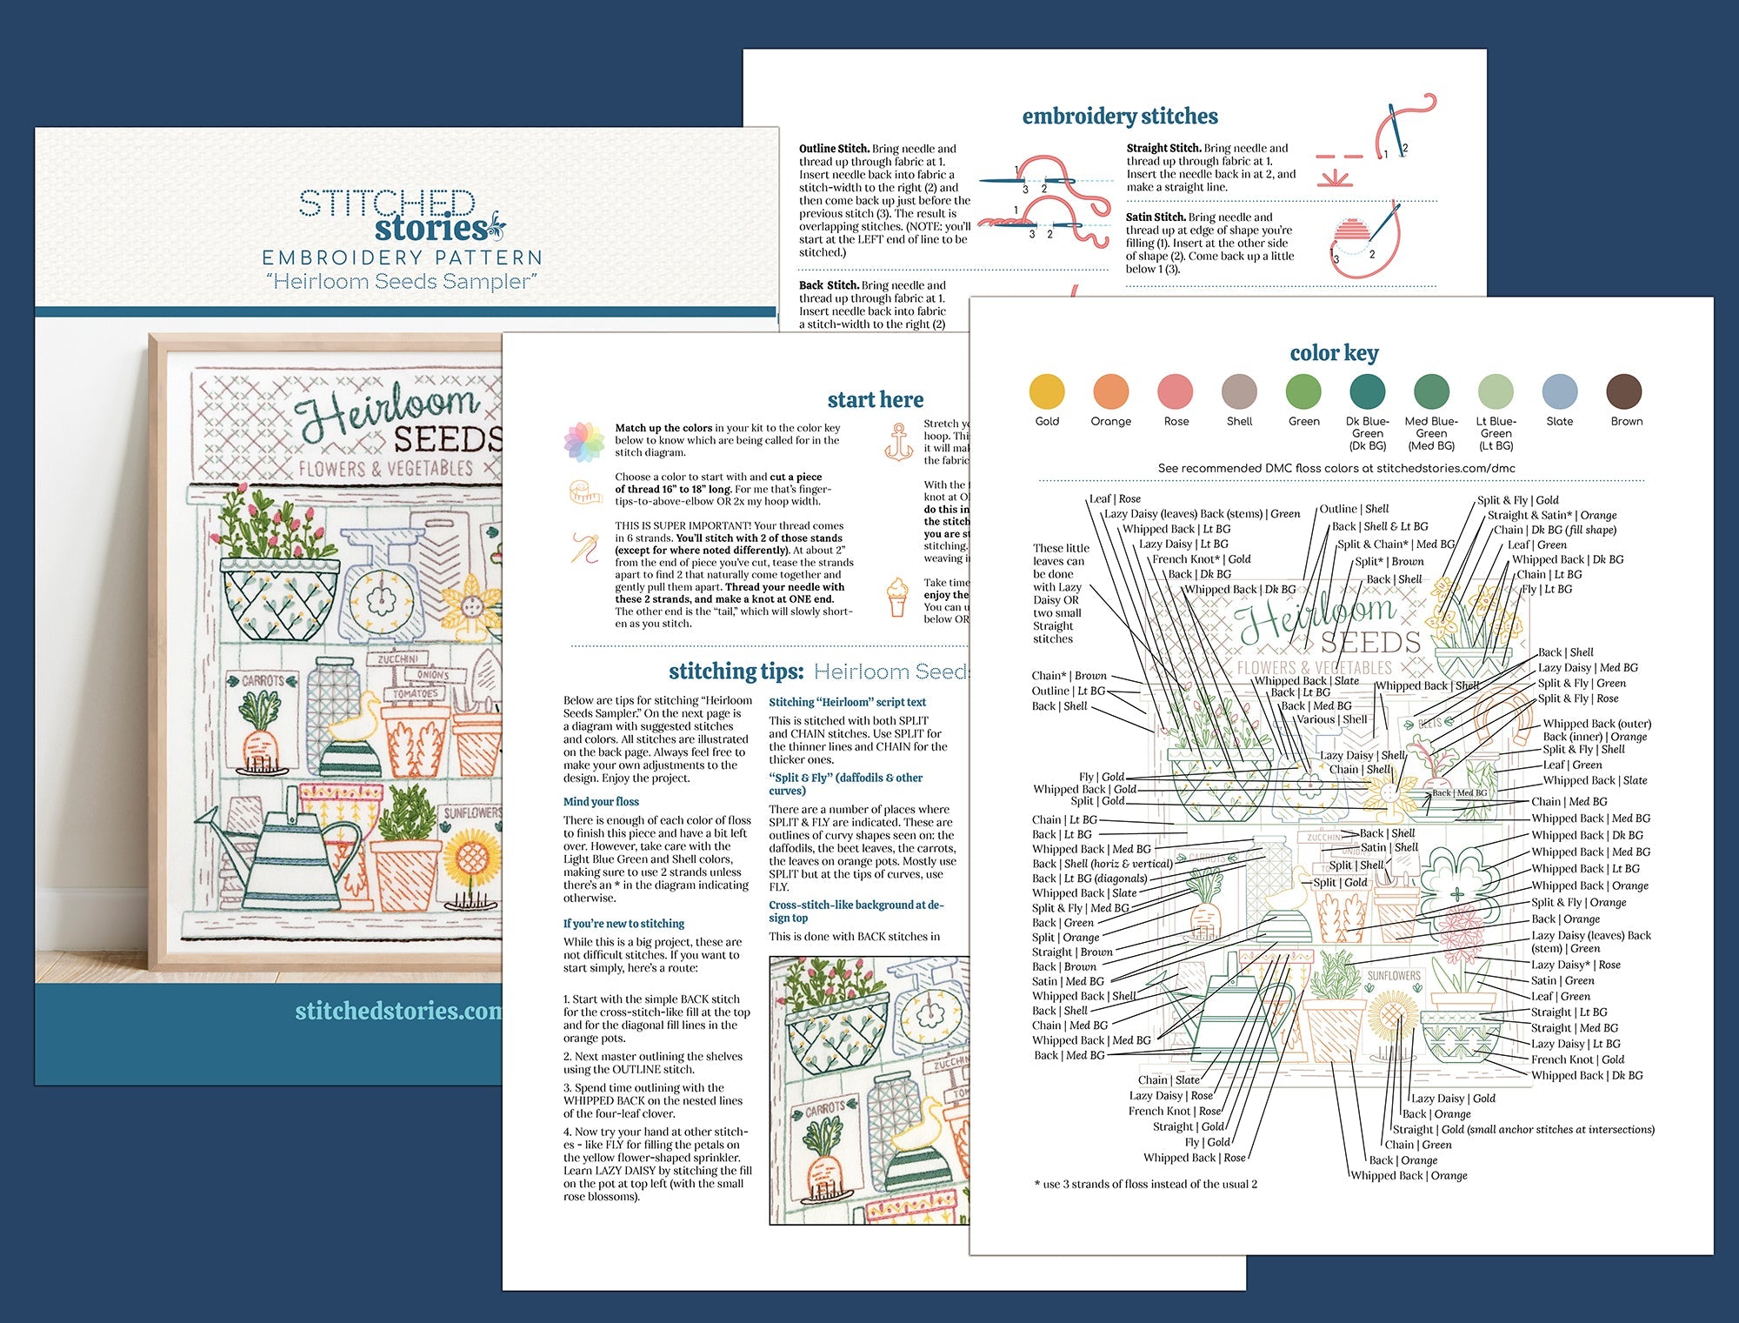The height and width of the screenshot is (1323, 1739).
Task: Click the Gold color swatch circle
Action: click(x=1047, y=391)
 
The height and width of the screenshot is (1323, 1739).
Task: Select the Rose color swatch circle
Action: click(x=1176, y=391)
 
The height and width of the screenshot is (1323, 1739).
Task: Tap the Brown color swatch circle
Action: click(x=1624, y=391)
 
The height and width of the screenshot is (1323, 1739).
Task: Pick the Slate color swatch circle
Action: click(x=1560, y=391)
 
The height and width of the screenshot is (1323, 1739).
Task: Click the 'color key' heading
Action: click(x=1334, y=352)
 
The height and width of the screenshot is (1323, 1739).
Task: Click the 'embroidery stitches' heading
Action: click(x=1120, y=117)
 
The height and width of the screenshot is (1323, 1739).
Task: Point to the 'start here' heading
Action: click(x=875, y=399)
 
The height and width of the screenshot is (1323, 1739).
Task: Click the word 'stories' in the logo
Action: click(x=430, y=229)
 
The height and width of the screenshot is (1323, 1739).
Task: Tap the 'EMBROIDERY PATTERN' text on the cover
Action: click(x=403, y=257)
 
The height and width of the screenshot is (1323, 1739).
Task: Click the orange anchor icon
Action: click(x=898, y=441)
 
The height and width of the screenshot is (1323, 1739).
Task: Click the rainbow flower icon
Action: click(x=583, y=441)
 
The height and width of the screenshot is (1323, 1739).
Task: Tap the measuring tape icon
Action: click(x=585, y=492)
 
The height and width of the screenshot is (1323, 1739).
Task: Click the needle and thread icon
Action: click(x=585, y=548)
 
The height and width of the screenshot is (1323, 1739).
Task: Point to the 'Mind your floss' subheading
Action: click(x=601, y=802)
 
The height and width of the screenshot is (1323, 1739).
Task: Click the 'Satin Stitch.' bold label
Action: click(x=1156, y=217)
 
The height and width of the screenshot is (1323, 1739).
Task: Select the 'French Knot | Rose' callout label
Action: click(x=1175, y=1111)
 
